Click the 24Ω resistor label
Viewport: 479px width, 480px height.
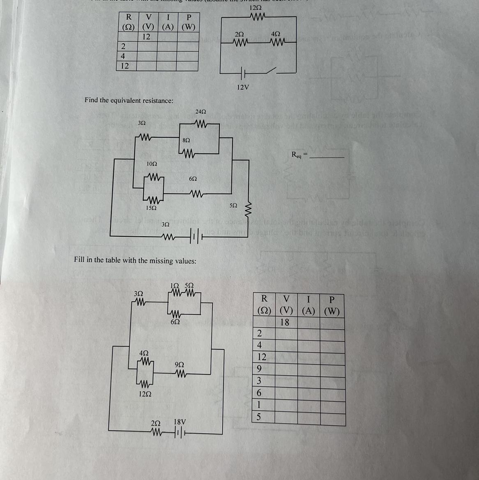coord(200,111)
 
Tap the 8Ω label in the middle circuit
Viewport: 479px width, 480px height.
coord(186,140)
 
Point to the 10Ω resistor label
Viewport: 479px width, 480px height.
coord(152,164)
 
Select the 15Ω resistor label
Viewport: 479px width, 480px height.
coord(151,208)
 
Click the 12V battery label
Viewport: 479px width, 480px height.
coord(243,87)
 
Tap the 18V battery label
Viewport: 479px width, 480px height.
coord(180,422)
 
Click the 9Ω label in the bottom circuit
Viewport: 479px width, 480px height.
coord(180,365)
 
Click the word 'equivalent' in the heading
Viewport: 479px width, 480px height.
coord(126,100)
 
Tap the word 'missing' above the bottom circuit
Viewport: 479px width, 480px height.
coord(161,261)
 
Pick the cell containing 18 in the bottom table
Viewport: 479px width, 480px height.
coord(285,323)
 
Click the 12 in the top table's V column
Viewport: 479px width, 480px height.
coord(146,37)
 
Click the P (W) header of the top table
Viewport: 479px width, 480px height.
coord(188,22)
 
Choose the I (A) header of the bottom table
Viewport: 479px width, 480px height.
coord(308,305)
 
